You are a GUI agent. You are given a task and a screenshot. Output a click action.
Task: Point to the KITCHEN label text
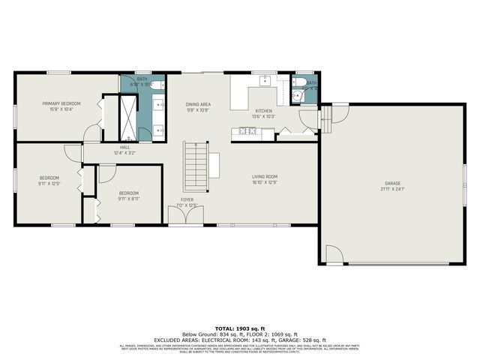click(264, 111)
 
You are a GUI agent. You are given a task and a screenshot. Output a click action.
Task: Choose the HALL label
click(125, 147)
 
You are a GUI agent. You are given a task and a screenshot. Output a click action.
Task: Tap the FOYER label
click(186, 199)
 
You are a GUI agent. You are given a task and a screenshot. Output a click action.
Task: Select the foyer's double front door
click(184, 216)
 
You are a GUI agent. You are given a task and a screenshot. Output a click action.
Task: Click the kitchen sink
click(264, 80)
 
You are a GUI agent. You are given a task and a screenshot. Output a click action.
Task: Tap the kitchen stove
click(246, 132)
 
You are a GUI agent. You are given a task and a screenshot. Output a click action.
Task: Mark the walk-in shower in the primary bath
click(130, 117)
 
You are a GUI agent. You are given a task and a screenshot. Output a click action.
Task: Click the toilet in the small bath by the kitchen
click(298, 95)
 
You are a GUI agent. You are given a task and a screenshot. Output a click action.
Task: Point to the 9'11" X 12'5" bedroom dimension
click(48, 183)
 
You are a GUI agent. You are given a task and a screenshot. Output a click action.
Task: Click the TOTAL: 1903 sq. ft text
click(239, 328)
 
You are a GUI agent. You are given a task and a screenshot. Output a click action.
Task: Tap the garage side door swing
click(334, 255)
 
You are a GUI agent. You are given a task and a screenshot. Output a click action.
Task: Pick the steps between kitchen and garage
click(325, 118)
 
